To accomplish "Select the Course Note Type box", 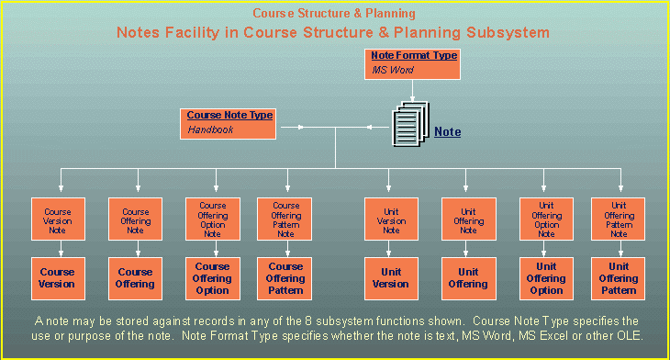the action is pyautogui.click(x=229, y=123).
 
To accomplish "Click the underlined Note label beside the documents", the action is pyautogui.click(x=447, y=132).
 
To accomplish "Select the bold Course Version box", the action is pyautogui.click(x=57, y=277).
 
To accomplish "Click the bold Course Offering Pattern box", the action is pyautogui.click(x=285, y=278).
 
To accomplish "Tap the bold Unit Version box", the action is pyautogui.click(x=391, y=277).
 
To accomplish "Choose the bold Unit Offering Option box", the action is pyautogui.click(x=546, y=278).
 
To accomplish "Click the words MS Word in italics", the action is pyautogui.click(x=392, y=71).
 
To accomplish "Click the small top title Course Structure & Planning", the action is pyautogui.click(x=334, y=14).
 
